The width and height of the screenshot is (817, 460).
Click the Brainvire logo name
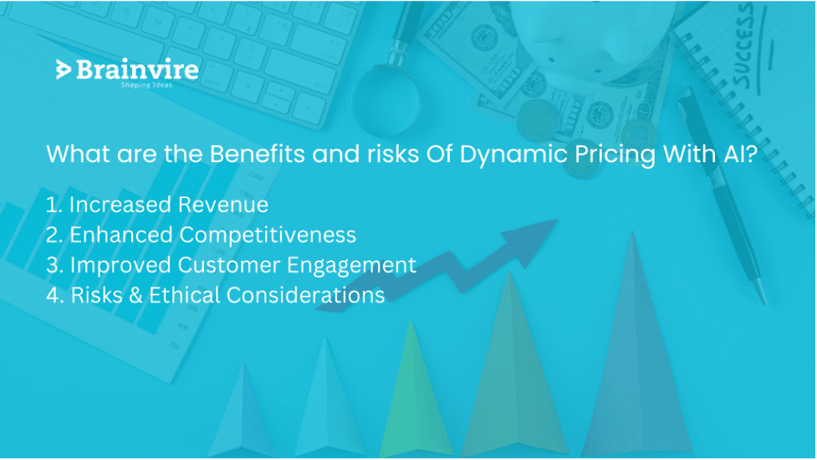[136, 70]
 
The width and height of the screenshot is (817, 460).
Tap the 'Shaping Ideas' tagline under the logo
[146, 85]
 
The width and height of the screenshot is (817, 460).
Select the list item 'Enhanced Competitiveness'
[212, 235]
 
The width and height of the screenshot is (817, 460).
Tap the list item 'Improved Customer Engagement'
[243, 265]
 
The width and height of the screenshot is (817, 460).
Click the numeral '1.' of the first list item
[54, 205]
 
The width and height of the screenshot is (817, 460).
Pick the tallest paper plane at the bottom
[632, 351]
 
